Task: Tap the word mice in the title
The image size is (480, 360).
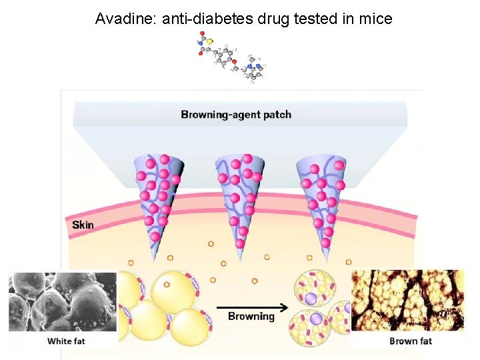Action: tap(377, 19)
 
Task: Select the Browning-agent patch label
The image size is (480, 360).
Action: tap(236, 115)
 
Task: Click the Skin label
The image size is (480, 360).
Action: tap(83, 225)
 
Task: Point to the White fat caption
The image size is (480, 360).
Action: tap(66, 341)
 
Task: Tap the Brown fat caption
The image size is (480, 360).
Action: tap(411, 341)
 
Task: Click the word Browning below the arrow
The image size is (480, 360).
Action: tap(251, 316)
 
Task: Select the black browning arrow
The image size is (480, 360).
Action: tap(251, 307)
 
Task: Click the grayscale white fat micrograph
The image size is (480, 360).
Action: tap(63, 301)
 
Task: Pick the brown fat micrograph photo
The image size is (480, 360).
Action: tap(407, 300)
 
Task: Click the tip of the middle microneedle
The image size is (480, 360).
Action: tap(239, 247)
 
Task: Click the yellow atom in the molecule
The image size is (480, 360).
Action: tap(209, 41)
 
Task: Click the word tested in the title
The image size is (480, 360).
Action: tap(323, 19)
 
